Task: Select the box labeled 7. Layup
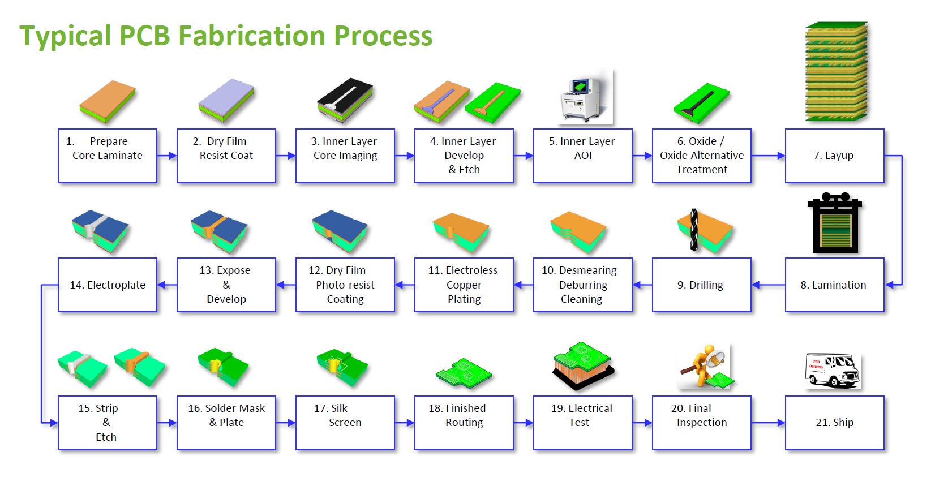point(834,156)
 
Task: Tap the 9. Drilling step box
point(701,285)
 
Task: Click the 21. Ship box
point(834,423)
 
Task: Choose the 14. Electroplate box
point(108,285)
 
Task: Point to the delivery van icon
point(833,371)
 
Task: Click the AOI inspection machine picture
point(586,97)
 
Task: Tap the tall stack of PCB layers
point(837,71)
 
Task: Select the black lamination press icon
point(835,222)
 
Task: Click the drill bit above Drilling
point(694,230)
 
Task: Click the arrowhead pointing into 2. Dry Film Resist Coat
point(172,156)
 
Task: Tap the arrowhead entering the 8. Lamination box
point(889,285)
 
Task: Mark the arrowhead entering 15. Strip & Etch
point(54,423)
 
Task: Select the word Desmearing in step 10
point(588,270)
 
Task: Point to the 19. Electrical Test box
point(583,423)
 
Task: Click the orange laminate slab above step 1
point(108,101)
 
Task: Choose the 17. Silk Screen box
point(345,423)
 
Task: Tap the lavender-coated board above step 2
point(226,101)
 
